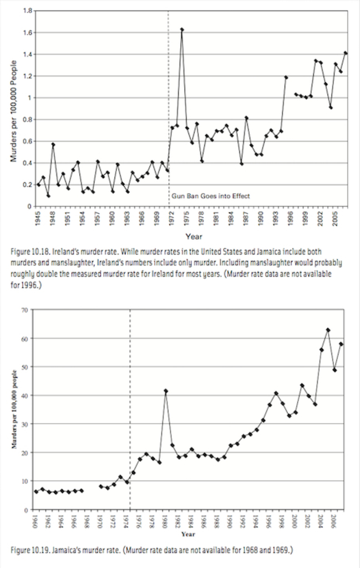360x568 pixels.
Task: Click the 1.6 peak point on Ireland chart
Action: click(x=182, y=29)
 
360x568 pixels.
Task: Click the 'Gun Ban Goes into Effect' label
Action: click(x=210, y=196)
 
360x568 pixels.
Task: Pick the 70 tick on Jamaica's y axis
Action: click(x=24, y=310)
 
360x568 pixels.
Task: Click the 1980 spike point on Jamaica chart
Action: click(x=166, y=391)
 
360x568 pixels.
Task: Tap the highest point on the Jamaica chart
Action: click(x=328, y=330)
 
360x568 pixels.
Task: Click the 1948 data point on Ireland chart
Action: click(x=53, y=144)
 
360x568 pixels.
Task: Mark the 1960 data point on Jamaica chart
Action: click(x=36, y=491)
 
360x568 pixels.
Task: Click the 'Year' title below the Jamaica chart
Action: click(x=188, y=534)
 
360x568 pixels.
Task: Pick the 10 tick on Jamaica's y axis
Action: click(x=24, y=481)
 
